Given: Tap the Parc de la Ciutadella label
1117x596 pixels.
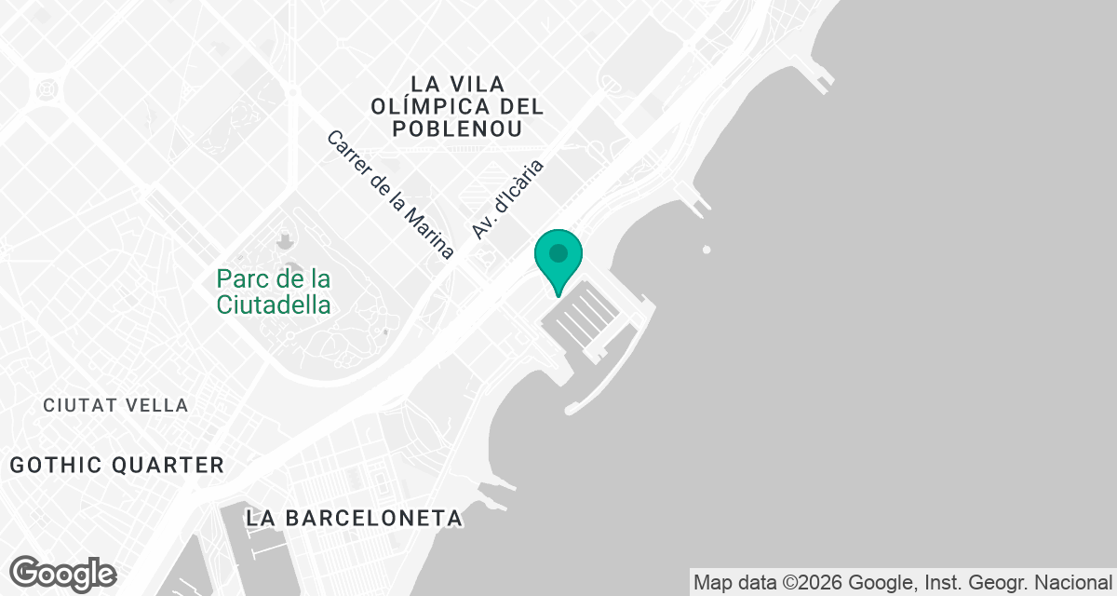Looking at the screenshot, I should [274, 291].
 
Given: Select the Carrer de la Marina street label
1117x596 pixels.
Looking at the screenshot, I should [390, 195].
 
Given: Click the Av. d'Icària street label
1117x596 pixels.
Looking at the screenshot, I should [506, 198].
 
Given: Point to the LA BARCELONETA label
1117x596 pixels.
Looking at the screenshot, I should [355, 518].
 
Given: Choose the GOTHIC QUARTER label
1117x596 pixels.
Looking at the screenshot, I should [117, 465].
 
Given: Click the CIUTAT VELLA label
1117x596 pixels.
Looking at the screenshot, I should [116, 405].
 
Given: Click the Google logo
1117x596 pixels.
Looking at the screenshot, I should [62, 574].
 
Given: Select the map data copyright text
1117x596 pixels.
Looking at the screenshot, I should [902, 583].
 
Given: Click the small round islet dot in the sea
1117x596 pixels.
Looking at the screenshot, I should [707, 250].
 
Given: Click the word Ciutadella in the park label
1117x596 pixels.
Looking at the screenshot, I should [274, 305].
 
